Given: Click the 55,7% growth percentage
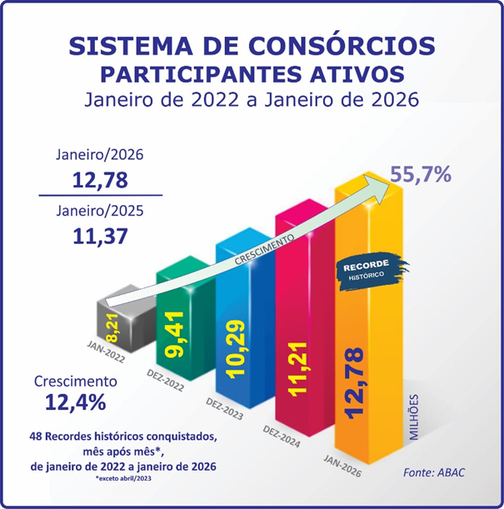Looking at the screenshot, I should [421, 175].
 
